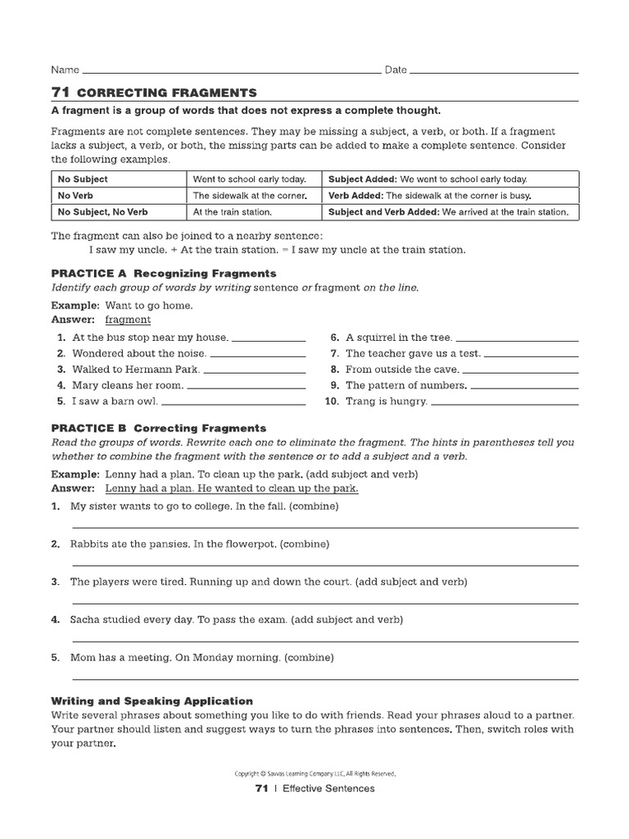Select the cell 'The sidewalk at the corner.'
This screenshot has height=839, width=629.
click(x=249, y=196)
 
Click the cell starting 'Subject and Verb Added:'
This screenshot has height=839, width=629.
click(x=448, y=212)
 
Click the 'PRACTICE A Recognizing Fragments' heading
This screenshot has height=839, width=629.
click(x=164, y=273)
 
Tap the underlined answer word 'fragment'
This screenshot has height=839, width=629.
click(x=128, y=320)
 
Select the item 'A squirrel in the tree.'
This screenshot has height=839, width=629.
click(x=398, y=337)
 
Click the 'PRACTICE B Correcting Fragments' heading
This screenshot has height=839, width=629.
click(x=159, y=428)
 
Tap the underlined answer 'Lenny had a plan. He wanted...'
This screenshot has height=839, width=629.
click(x=232, y=488)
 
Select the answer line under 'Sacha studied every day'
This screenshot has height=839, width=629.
click(x=325, y=640)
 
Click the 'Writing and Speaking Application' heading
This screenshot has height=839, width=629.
click(x=152, y=701)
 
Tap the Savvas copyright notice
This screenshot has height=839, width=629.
click(x=314, y=773)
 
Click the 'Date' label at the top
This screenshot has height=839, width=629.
click(x=396, y=70)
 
